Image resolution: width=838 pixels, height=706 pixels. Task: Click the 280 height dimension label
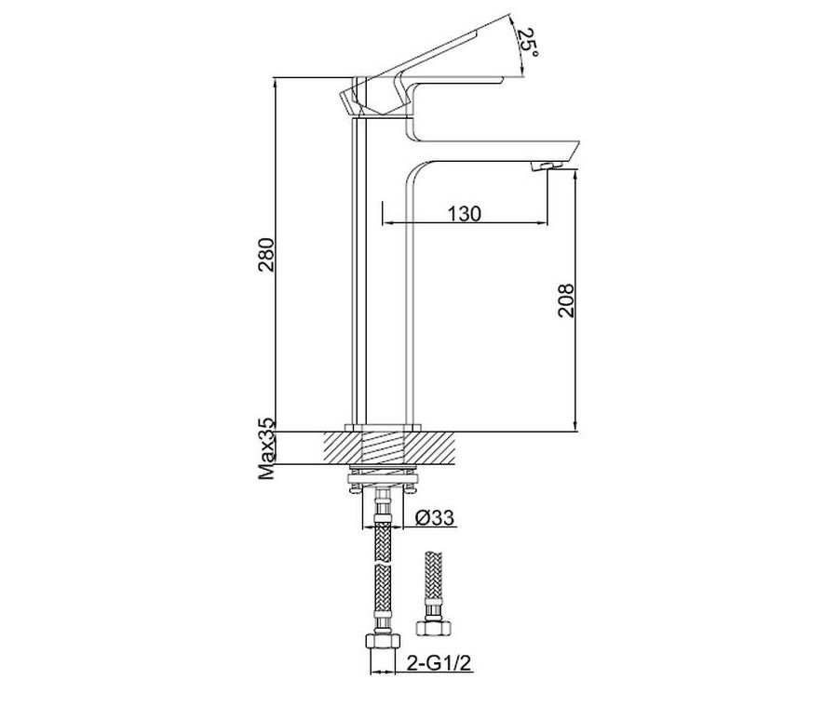click(266, 254)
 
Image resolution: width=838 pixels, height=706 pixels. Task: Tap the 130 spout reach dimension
click(465, 214)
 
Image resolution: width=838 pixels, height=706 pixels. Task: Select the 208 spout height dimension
click(566, 300)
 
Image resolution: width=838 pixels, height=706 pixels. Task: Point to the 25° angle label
click(527, 42)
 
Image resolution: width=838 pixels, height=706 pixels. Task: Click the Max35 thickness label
click(266, 448)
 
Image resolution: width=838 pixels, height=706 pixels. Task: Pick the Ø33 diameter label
click(435, 517)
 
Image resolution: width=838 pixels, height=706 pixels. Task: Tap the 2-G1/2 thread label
click(439, 664)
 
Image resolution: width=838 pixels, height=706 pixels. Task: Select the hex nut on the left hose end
click(381, 641)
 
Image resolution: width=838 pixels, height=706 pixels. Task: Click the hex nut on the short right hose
click(433, 627)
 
